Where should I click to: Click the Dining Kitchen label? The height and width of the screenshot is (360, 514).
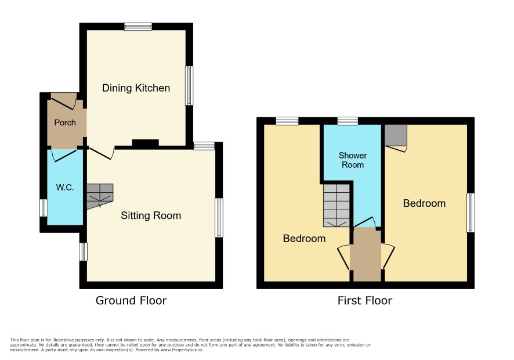[136, 88]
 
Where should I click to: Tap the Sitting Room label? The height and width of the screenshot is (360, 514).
[151, 215]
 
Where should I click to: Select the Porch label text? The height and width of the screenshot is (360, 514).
[65, 123]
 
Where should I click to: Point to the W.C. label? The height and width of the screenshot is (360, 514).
[65, 188]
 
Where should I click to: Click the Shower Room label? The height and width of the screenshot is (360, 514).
[353, 160]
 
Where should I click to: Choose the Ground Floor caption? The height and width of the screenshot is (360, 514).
[131, 301]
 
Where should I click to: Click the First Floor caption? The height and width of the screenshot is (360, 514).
[365, 301]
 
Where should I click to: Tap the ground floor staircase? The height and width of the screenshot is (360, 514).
[100, 196]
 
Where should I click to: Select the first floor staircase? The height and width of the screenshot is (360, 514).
[336, 206]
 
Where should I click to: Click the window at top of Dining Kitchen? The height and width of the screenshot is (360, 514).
[138, 26]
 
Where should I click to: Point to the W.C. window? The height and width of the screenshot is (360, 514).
[44, 208]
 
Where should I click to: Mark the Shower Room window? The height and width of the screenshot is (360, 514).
[348, 121]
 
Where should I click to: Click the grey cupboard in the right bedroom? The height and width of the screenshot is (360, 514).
[396, 135]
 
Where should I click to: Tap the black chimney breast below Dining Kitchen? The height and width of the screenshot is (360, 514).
[146, 143]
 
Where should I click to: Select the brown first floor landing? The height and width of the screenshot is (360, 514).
[367, 254]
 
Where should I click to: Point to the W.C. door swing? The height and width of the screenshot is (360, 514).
[64, 156]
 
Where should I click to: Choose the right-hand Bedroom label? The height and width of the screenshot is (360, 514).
[424, 203]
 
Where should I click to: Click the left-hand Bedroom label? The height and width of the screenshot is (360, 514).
[304, 239]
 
